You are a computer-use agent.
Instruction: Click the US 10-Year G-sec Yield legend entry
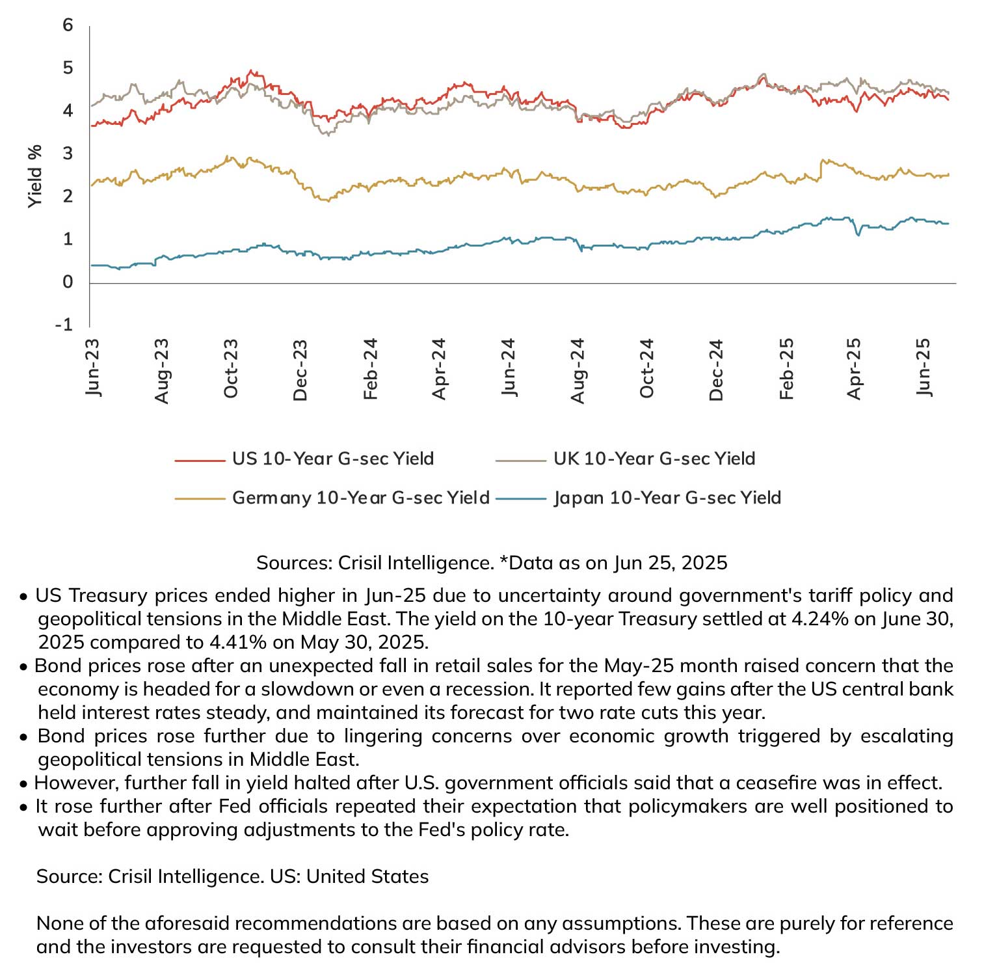coord(304,459)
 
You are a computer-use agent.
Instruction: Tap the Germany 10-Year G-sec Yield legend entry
coord(332,498)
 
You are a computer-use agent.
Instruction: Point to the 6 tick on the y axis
coord(68,25)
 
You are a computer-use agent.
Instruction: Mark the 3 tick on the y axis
coord(68,154)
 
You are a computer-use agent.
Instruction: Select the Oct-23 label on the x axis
coord(231,368)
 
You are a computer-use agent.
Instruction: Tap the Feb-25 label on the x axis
coord(786,369)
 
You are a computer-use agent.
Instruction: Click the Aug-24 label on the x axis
coord(578,370)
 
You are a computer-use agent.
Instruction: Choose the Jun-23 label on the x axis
coord(92,368)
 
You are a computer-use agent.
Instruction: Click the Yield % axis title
coord(35,176)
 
